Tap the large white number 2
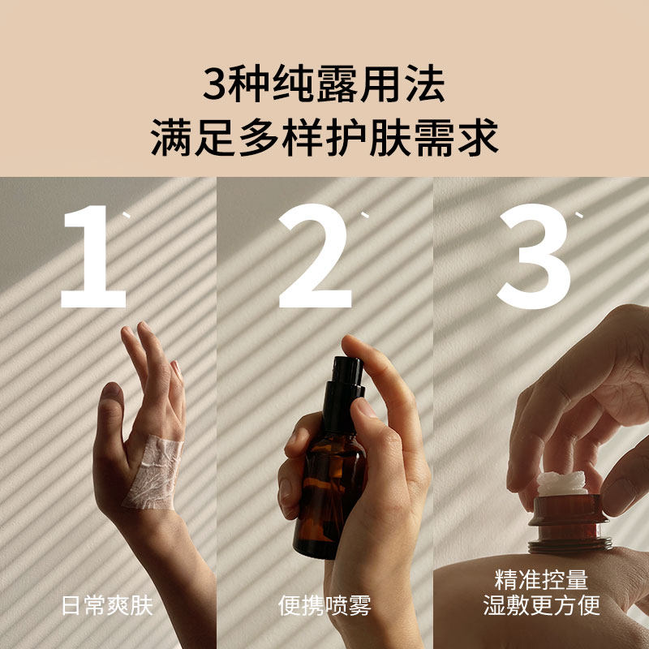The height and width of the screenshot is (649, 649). click(316, 256)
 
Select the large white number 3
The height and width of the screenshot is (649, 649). click(535, 256)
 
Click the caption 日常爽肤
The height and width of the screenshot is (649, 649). click(108, 606)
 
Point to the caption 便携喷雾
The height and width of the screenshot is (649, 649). click(325, 606)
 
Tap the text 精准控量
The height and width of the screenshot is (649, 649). click(541, 580)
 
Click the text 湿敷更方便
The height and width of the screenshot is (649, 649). click(541, 605)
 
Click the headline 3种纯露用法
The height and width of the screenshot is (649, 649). click(324, 84)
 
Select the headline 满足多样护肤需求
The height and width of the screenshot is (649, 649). click(324, 138)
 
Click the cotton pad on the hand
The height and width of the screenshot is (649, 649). click(154, 473)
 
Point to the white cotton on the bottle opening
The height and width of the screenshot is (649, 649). click(562, 484)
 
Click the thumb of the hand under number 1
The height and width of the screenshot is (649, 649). click(109, 418)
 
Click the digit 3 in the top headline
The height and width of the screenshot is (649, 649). click(214, 85)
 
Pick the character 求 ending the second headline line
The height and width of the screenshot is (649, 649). click(479, 138)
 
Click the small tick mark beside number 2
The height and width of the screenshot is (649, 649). click(364, 214)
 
